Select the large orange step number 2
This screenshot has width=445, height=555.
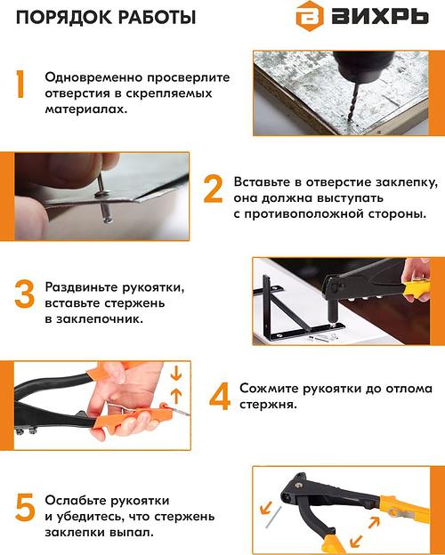pos(214,189)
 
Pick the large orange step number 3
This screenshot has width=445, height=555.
pos(24,296)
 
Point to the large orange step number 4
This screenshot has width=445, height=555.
pos(219,395)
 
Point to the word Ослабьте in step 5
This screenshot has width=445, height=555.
pos(79,501)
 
